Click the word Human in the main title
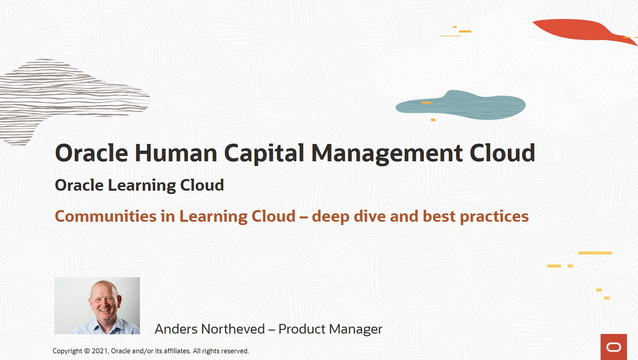coord(176,153)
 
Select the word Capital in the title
coord(264,153)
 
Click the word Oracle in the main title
coord(91,153)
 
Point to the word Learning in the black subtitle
coord(142,185)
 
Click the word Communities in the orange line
coord(105,216)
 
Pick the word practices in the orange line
coord(494,216)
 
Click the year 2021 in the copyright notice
coord(99,351)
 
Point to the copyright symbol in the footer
coord(87,351)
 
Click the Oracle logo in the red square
coord(614,347)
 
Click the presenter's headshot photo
coord(97,306)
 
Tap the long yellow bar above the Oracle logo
coord(595,253)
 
